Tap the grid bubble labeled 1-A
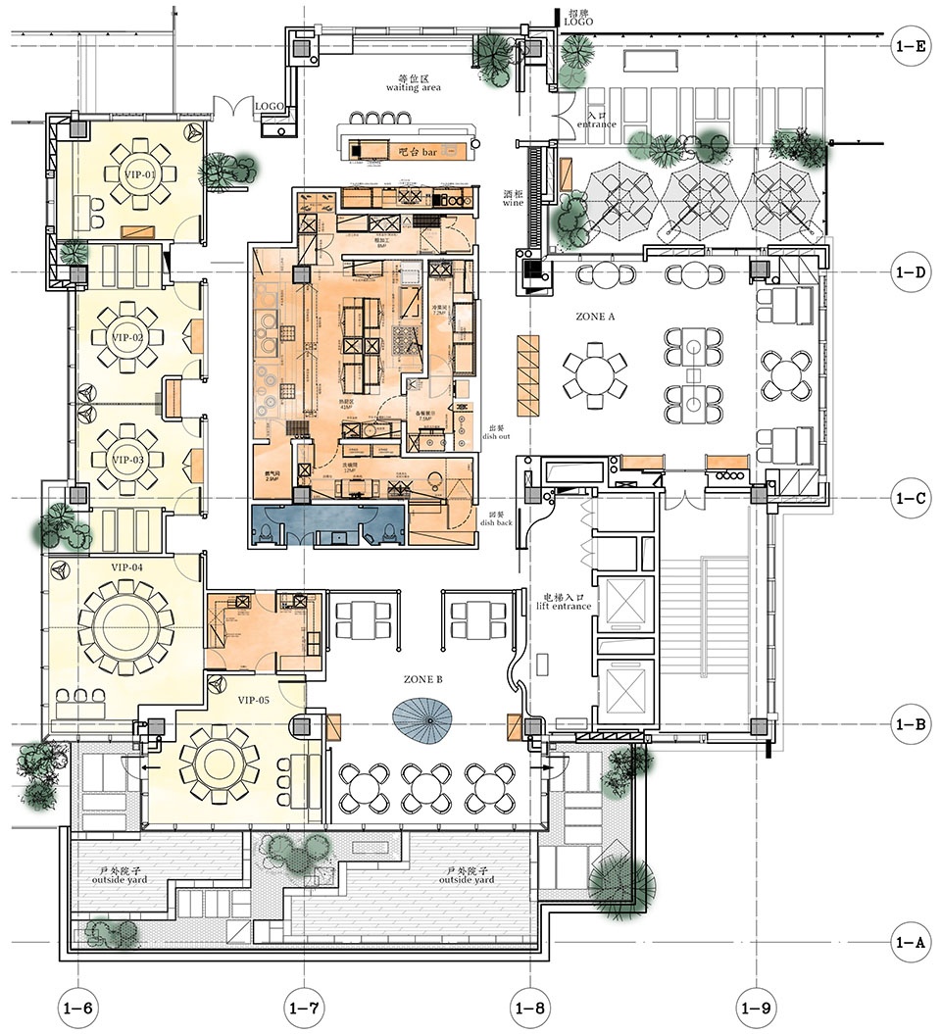click(909, 943)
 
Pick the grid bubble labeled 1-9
click(756, 1007)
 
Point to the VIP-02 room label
click(127, 338)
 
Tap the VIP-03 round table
click(127, 459)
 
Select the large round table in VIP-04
click(124, 623)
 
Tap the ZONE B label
click(423, 679)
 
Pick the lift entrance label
click(567, 601)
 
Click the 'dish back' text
click(495, 517)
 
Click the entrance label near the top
click(597, 121)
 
